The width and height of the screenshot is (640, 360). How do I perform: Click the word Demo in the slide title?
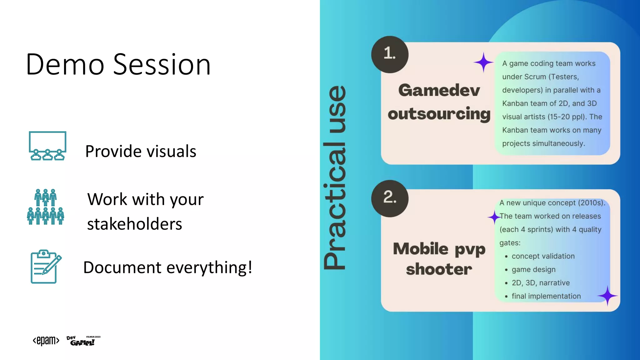(x=65, y=65)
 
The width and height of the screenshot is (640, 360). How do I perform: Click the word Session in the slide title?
(x=162, y=65)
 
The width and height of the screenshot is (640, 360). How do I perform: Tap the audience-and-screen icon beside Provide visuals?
(x=47, y=146)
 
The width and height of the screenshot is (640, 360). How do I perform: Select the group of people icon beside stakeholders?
(x=46, y=207)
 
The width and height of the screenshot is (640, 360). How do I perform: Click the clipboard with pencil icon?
(x=46, y=267)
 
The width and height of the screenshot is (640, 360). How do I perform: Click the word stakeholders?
(x=134, y=224)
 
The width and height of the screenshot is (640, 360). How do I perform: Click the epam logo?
(x=46, y=340)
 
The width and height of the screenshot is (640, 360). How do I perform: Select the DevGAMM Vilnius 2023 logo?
(x=83, y=341)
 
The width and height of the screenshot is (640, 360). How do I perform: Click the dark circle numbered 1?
(x=390, y=54)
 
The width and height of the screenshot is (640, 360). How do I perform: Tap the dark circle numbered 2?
(x=390, y=198)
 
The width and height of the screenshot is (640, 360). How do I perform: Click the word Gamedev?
(x=439, y=90)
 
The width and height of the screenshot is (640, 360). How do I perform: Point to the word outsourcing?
(x=439, y=114)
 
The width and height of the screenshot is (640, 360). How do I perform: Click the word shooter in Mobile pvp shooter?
(x=439, y=269)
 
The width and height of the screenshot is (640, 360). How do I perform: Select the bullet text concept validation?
(x=543, y=256)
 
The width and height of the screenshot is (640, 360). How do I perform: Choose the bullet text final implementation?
(x=546, y=296)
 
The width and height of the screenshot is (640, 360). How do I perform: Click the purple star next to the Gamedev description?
(x=483, y=62)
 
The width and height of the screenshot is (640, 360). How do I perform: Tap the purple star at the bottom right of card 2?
(x=607, y=296)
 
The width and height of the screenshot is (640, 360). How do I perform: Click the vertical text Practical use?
(x=335, y=177)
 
